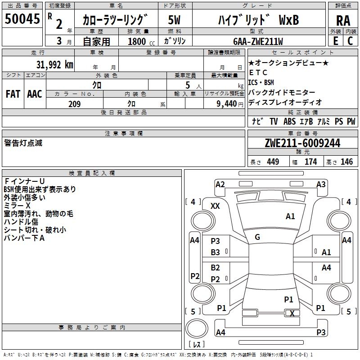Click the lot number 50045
[22, 19]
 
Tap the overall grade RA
[343, 21]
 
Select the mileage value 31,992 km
[55, 65]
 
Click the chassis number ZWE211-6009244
[302, 143]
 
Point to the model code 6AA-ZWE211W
[258, 41]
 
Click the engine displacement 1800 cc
[141, 41]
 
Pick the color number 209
[74, 104]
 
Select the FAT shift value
[13, 94]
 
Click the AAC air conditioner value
[35, 94]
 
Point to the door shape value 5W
[174, 20]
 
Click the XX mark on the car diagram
[215, 206]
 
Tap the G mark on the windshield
[257, 237]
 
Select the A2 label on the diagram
[220, 184]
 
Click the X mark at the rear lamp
[292, 313]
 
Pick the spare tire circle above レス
[197, 328]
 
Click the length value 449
[273, 162]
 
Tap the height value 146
[346, 162]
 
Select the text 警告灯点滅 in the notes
[23, 143]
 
